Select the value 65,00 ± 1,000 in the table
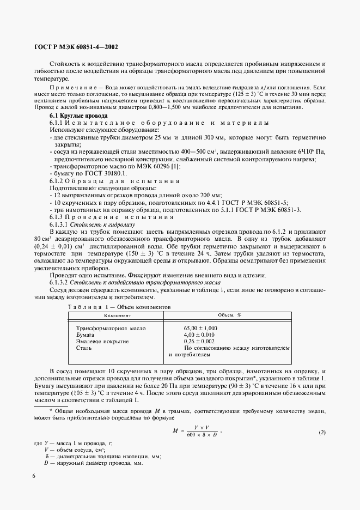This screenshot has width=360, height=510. [200, 328]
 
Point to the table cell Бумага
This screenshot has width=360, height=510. [86, 335]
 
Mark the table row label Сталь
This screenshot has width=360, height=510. [84, 347]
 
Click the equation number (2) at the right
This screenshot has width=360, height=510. [321, 433]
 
